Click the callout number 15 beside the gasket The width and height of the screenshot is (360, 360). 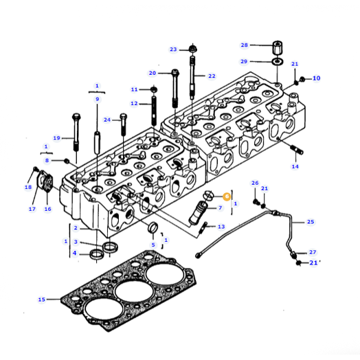[41, 300]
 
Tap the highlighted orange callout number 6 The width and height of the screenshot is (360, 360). [227, 196]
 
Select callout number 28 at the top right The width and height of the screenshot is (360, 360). [244, 45]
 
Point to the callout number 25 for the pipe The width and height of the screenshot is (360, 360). [310, 222]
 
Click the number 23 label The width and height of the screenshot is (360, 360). [173, 49]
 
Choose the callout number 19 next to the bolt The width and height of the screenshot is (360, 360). [57, 137]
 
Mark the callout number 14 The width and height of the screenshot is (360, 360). [295, 166]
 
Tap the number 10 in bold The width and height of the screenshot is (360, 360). [316, 78]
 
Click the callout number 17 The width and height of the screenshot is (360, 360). [32, 209]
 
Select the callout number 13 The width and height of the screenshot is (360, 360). [221, 227]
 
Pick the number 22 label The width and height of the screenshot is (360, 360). [212, 76]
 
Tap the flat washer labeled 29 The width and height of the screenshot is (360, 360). [276, 62]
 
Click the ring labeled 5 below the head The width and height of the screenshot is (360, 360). [153, 228]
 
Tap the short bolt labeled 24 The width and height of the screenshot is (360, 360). [123, 126]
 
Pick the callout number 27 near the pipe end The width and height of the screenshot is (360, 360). [312, 252]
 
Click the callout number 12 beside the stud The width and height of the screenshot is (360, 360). [135, 104]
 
